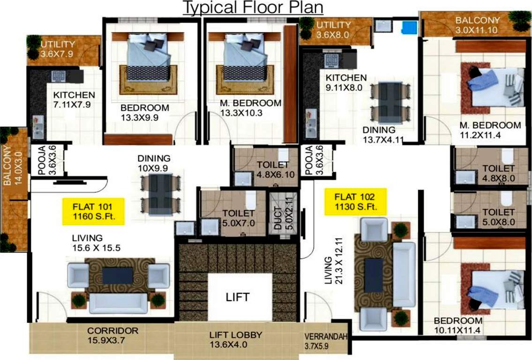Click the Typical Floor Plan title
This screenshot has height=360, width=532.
(253, 8)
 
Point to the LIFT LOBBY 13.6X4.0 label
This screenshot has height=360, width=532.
(235, 340)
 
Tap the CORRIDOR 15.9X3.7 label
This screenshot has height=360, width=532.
(112, 335)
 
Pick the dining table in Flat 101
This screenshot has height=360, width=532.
(161, 194)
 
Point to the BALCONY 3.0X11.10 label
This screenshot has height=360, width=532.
(477, 25)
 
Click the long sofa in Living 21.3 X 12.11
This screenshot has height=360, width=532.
(403, 274)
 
